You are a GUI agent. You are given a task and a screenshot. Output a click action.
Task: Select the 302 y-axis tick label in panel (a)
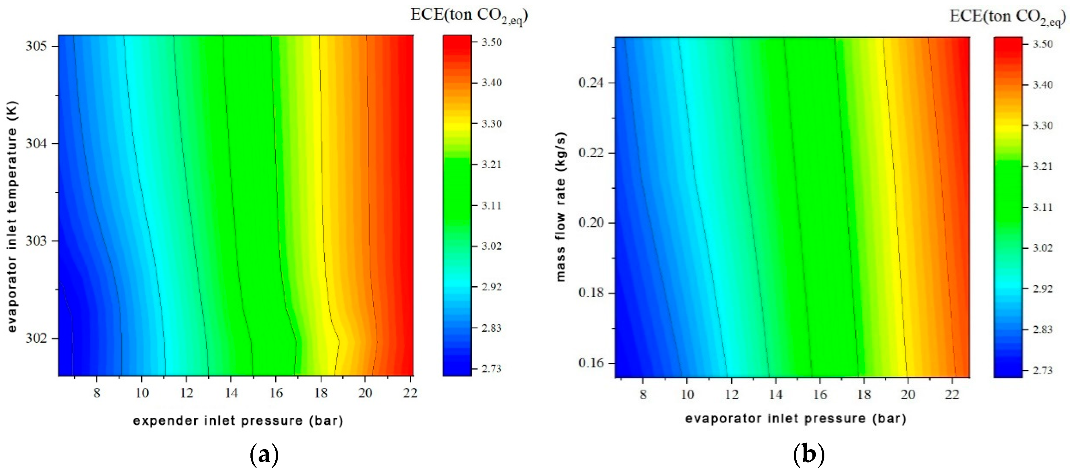[x=36, y=338]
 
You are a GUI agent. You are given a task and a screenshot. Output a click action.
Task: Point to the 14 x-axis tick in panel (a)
[x=231, y=393]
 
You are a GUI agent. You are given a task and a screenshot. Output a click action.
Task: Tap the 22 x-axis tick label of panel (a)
[x=410, y=393]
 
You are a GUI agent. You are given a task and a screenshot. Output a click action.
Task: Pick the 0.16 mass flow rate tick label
[x=591, y=363]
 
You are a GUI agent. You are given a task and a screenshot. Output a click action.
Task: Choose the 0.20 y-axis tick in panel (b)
[x=591, y=223]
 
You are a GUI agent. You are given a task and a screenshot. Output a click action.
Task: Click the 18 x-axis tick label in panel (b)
[x=864, y=394]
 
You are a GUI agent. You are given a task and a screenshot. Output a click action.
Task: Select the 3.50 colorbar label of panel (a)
[x=491, y=42]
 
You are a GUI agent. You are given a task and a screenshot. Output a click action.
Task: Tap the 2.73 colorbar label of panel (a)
[x=491, y=369]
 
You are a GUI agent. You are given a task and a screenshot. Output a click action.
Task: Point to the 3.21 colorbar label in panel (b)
[x=1043, y=166]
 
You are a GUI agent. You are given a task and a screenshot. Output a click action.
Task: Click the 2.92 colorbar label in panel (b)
[x=1043, y=289]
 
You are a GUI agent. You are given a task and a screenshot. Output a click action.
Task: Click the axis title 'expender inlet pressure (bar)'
[x=238, y=421]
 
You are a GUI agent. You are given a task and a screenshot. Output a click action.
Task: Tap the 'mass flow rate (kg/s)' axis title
[x=561, y=207]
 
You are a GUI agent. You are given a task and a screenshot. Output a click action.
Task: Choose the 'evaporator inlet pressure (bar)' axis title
[x=795, y=419]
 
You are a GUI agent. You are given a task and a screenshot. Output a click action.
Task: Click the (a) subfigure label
[x=264, y=455]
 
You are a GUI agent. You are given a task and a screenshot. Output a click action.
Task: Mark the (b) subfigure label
[x=809, y=455]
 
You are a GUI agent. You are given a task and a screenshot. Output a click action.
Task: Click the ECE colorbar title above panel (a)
[x=469, y=15]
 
